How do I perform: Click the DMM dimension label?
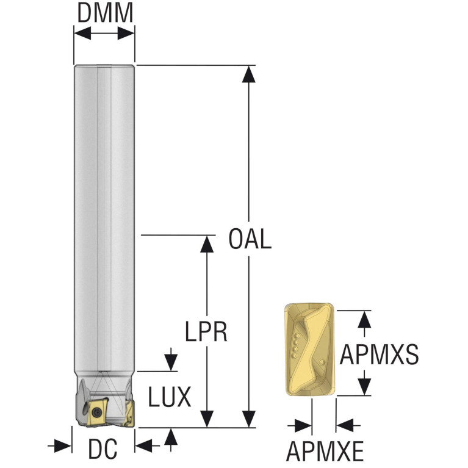104,13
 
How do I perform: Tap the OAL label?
250,239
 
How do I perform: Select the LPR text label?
206,332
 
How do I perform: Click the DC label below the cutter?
103,450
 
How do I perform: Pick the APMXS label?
379,354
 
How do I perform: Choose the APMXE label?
325,452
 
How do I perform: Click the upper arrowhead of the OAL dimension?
248,73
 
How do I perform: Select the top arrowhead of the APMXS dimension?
364,319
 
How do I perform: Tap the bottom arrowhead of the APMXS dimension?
364,387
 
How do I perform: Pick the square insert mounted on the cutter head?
97,411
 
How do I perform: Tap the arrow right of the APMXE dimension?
345,425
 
